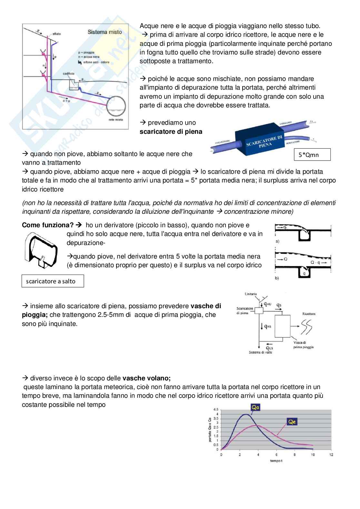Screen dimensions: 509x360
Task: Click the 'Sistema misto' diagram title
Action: (x=105, y=32)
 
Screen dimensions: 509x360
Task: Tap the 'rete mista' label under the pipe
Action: (x=113, y=120)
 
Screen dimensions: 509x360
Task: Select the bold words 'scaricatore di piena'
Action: (x=171, y=132)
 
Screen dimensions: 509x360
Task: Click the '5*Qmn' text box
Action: (x=312, y=155)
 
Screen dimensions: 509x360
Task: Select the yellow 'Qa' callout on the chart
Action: (x=255, y=407)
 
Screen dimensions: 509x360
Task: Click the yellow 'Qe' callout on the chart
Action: (x=292, y=422)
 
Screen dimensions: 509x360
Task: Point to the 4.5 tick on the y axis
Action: (x=216, y=409)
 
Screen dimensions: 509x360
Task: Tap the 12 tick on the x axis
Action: (x=331, y=455)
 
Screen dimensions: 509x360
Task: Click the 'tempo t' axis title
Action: (x=276, y=461)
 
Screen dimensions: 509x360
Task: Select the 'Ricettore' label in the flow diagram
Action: (x=309, y=314)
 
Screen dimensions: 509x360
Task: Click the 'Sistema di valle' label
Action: (x=261, y=352)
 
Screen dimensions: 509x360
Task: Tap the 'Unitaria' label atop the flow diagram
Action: (x=251, y=294)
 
